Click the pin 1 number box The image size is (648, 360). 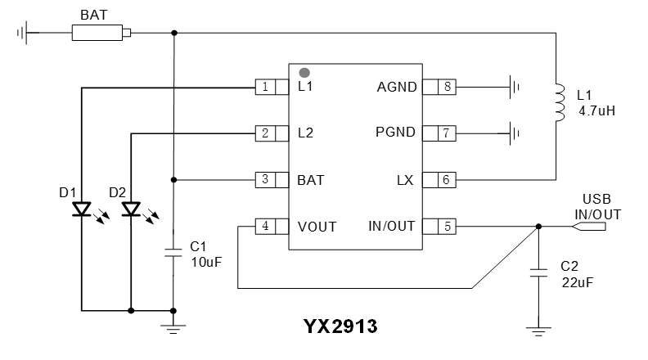click(265, 87)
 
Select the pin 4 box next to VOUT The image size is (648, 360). click(265, 226)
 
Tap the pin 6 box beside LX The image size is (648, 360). click(446, 179)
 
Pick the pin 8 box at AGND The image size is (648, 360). click(446, 87)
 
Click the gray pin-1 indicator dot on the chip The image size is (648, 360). click(304, 74)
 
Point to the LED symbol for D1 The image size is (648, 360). click(82, 209)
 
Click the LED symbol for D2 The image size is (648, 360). click(131, 209)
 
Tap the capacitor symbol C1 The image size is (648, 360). click(173, 252)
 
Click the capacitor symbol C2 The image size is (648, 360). click(538, 272)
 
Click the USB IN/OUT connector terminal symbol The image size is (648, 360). click(592, 227)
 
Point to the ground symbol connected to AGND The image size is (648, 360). click(514, 86)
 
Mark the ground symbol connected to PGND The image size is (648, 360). click(514, 132)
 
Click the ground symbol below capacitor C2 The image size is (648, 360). click(538, 332)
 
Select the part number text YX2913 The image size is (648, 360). click(340, 327)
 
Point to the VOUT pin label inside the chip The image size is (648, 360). click(317, 227)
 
